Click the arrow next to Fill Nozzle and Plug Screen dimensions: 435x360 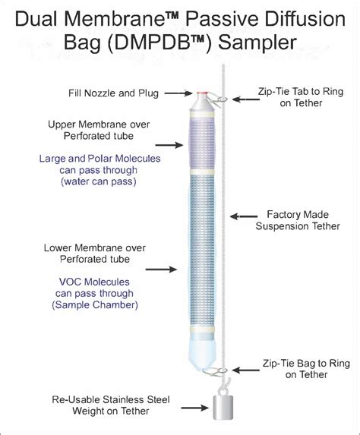pyautogui.click(x=178, y=94)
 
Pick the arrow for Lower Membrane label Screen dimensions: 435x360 pyautogui.click(x=169, y=268)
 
